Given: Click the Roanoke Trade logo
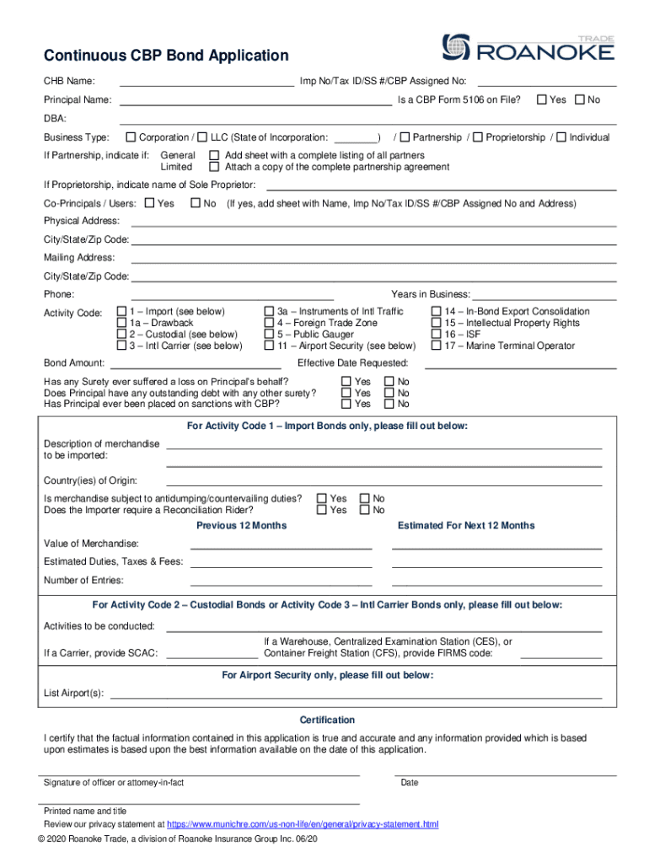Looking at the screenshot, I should pyautogui.click(x=528, y=48).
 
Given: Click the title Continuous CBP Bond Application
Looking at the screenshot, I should pyautogui.click(x=166, y=56).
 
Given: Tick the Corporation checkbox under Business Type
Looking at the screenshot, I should pyautogui.click(x=131, y=137).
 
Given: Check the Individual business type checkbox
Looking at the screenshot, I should pyautogui.click(x=561, y=137).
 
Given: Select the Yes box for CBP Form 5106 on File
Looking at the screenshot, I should pyautogui.click(x=542, y=100).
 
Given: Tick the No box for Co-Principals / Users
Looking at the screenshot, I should pyautogui.click(x=196, y=203).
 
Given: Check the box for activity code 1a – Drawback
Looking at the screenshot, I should pyautogui.click(x=121, y=323).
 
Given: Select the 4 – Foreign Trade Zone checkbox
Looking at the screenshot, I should pyautogui.click(x=269, y=323).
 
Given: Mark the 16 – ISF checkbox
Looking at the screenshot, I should pyautogui.click(x=437, y=335).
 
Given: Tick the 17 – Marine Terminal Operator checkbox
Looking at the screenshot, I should pyautogui.click(x=437, y=346).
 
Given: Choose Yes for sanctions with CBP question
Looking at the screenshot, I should pyautogui.click(x=346, y=404).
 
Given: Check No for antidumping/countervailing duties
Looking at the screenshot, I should pyautogui.click(x=365, y=499).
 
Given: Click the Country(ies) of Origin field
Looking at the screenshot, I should pyautogui.click(x=383, y=485).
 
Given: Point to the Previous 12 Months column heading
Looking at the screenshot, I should pyautogui.click(x=241, y=526).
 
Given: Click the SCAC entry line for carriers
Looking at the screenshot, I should pyautogui.click(x=212, y=656).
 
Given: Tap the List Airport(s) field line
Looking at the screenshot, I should pyautogui.click(x=354, y=697).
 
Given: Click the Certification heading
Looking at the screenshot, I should pyautogui.click(x=327, y=721).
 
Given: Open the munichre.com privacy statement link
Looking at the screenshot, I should pyautogui.click(x=303, y=823).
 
